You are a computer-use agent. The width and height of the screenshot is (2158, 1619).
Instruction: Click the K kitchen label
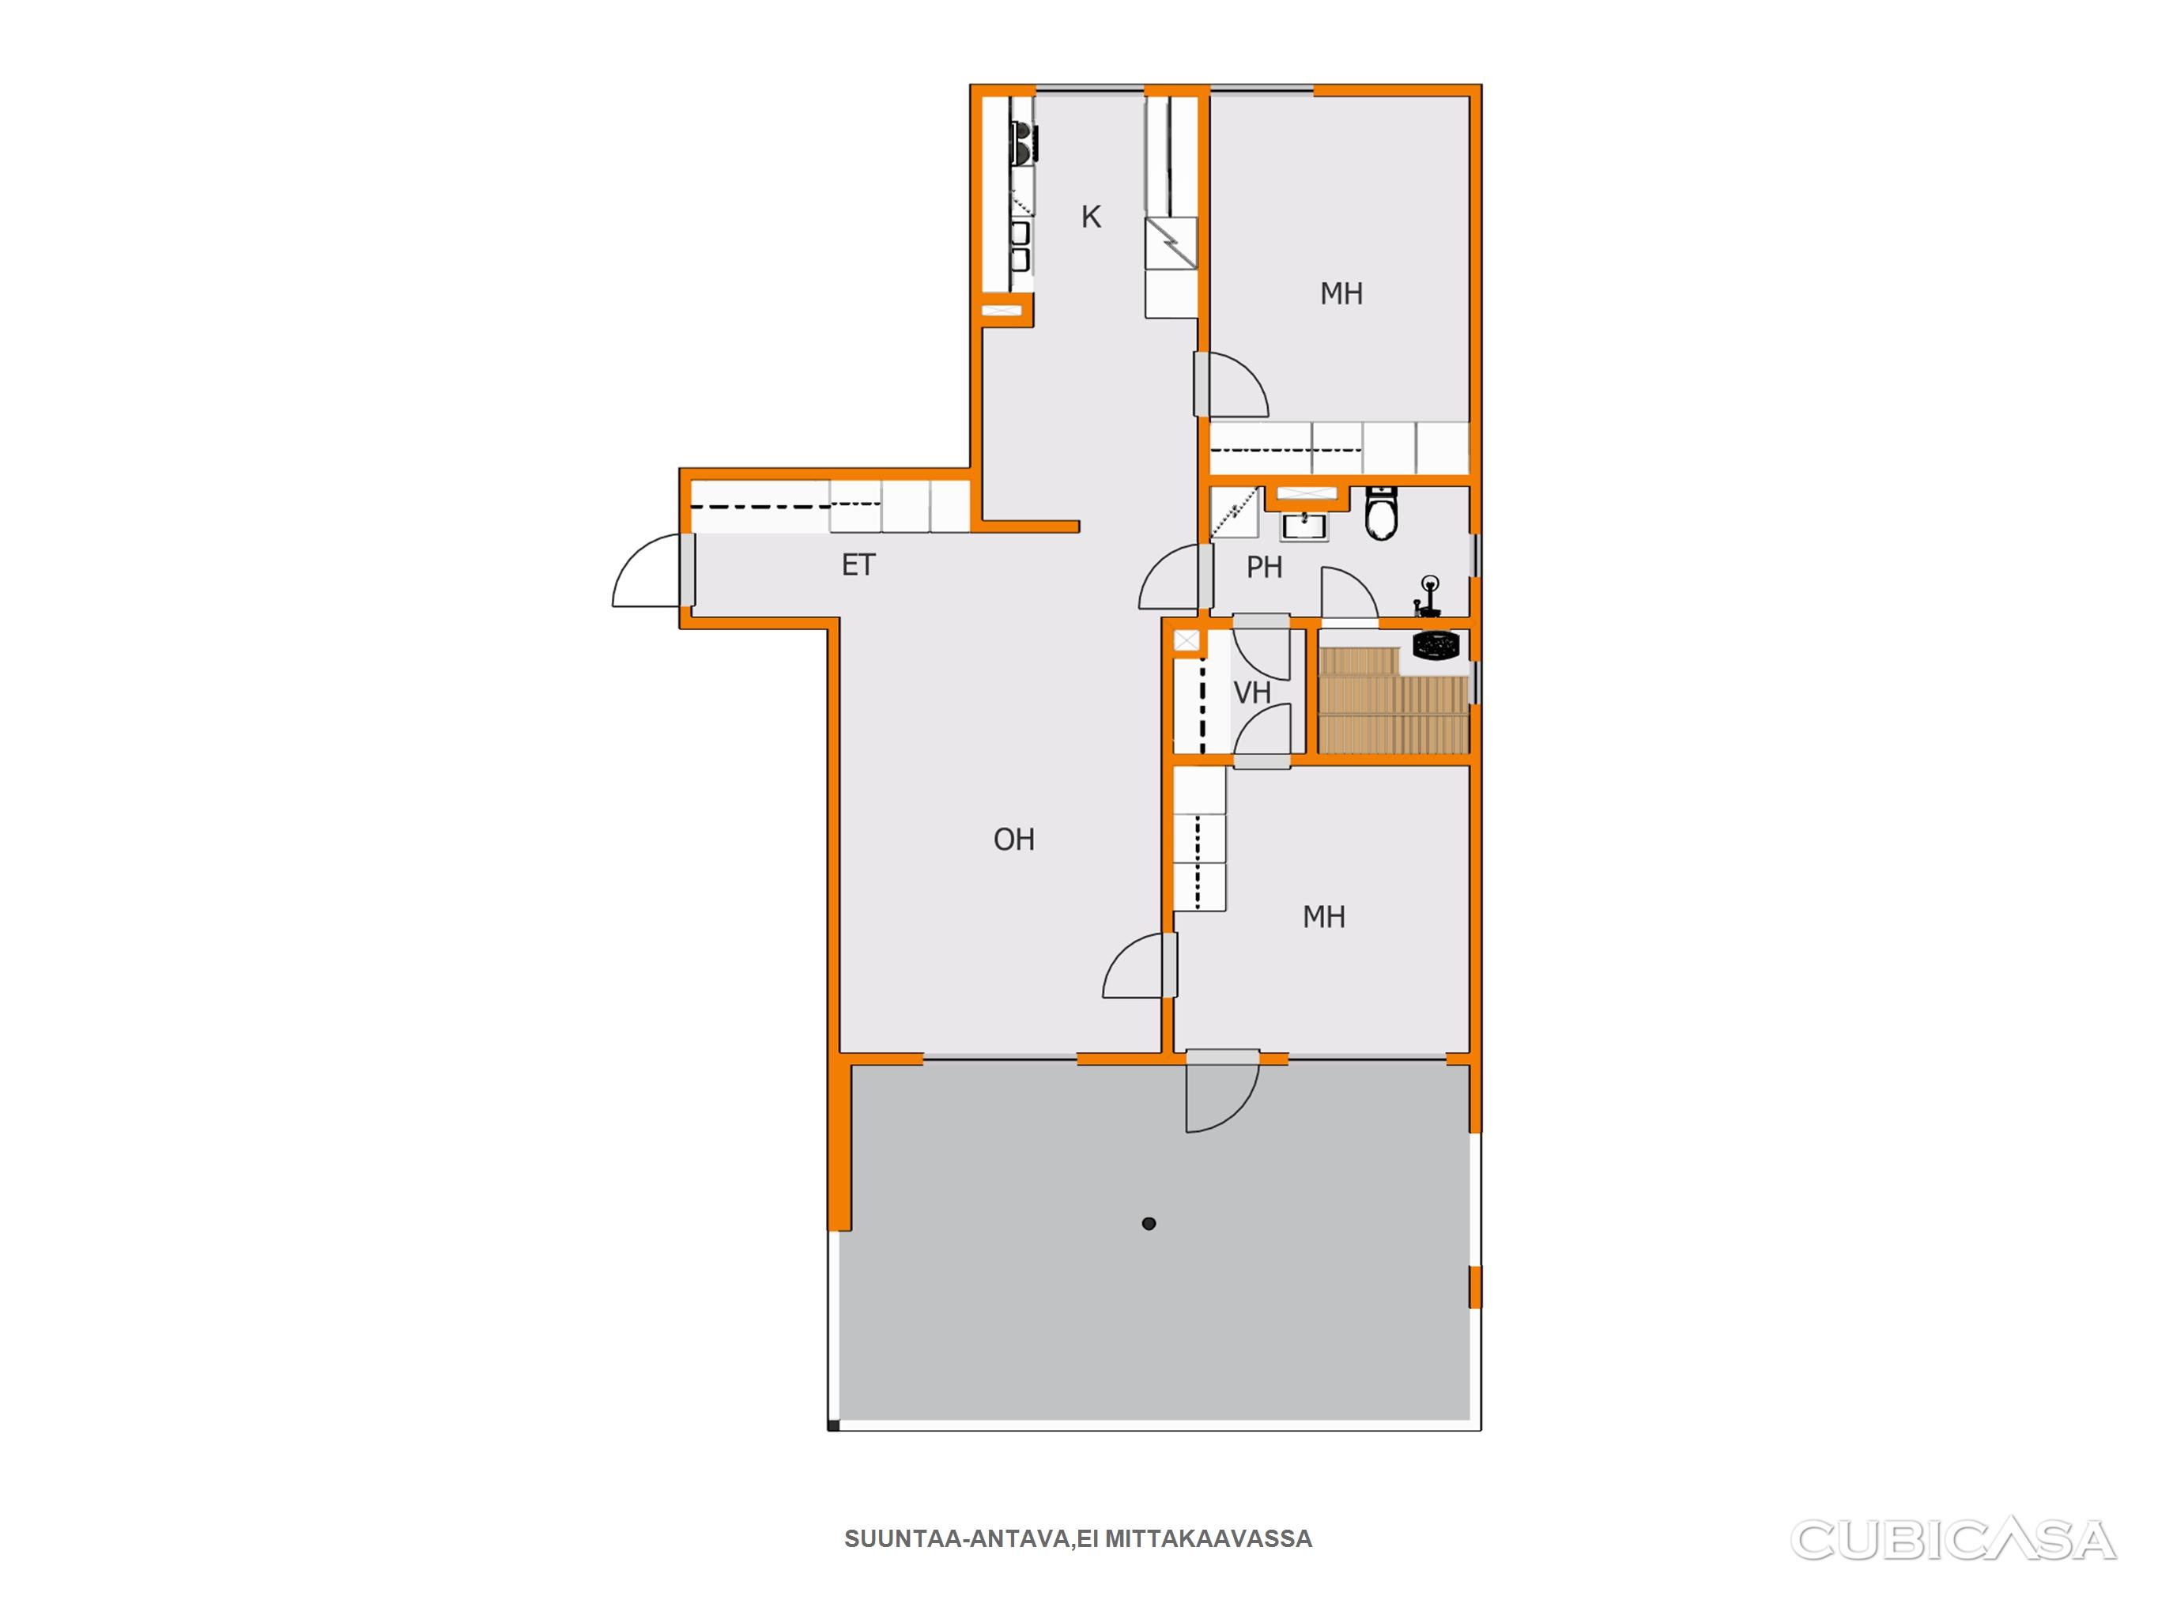click(x=1091, y=217)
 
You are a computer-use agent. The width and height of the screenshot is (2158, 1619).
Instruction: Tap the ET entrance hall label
click(x=858, y=565)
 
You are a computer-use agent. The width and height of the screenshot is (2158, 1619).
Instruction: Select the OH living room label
click(x=1013, y=840)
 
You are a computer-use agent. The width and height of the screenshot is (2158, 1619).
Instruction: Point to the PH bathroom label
click(x=1264, y=567)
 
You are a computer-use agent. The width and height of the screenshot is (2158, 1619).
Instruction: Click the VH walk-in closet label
click(x=1253, y=693)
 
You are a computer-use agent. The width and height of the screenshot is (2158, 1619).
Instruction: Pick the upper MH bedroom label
click(x=1341, y=294)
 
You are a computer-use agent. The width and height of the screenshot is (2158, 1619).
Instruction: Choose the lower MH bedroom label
click(x=1324, y=916)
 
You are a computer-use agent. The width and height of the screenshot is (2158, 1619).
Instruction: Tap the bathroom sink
click(x=1303, y=526)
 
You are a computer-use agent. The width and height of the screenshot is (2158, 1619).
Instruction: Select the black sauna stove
click(x=1436, y=645)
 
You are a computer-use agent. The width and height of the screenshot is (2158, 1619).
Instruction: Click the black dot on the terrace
click(x=1149, y=1224)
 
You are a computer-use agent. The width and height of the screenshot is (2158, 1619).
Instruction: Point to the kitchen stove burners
click(x=1022, y=142)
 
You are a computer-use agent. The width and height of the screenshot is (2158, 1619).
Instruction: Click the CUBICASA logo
click(x=1952, y=1541)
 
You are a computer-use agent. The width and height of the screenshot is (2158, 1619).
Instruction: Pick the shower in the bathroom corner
click(x=1235, y=513)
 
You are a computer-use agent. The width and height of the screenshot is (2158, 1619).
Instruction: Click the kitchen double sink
click(x=1021, y=245)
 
